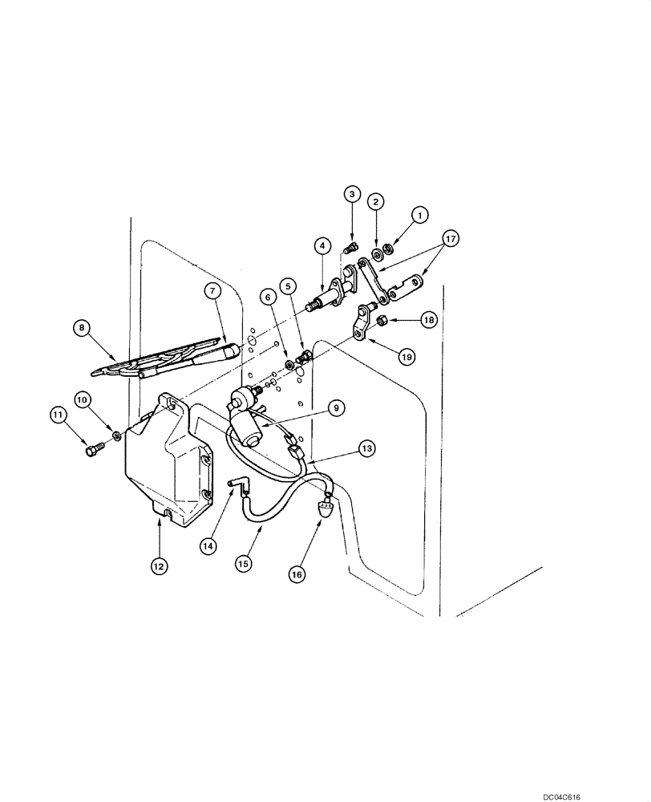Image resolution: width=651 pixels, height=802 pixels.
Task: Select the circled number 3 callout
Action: tap(351, 193)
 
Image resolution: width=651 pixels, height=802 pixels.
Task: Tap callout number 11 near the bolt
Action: tap(58, 415)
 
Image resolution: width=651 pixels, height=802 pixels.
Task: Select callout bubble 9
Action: tap(338, 408)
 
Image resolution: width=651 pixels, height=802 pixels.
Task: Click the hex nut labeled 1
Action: tap(386, 249)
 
